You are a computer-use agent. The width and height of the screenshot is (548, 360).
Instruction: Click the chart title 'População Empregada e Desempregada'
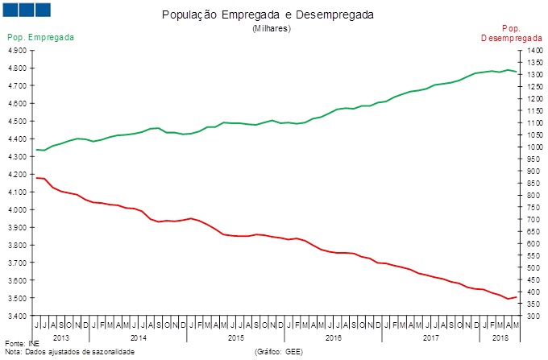[x=273, y=15]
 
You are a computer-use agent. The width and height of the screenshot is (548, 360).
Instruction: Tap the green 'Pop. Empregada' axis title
[x=41, y=37]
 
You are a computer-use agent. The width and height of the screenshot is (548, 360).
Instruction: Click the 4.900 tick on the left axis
[x=16, y=50]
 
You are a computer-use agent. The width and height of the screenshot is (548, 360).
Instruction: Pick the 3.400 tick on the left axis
[x=16, y=316]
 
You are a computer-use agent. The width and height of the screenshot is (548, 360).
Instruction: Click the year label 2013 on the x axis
[x=61, y=337]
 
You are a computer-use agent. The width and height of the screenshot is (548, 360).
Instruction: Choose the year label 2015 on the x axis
[x=235, y=337]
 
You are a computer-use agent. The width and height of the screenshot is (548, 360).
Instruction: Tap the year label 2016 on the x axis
[x=333, y=337]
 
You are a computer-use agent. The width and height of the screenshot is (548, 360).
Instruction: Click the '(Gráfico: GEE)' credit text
[x=279, y=352]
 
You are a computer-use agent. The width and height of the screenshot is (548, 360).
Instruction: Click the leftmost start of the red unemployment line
[x=36, y=177]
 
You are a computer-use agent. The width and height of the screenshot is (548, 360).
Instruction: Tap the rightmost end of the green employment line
[x=517, y=72]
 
